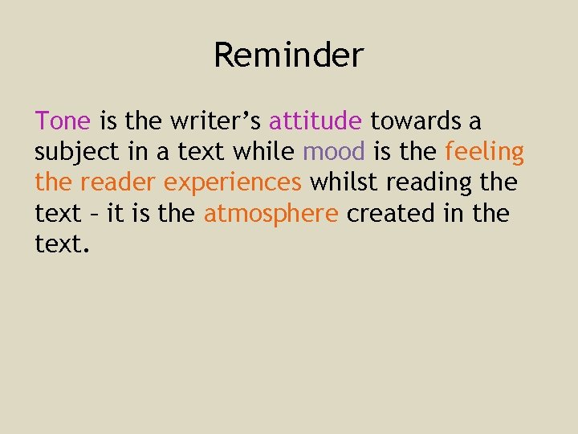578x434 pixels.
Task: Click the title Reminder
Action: point(289,55)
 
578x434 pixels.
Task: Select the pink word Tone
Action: point(63,121)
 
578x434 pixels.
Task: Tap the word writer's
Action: point(215,121)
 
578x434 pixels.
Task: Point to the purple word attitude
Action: point(315,121)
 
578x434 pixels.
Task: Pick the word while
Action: point(270,152)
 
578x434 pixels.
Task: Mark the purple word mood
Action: point(334,152)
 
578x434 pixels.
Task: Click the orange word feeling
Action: point(484,152)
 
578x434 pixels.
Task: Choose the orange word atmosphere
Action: point(271,214)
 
